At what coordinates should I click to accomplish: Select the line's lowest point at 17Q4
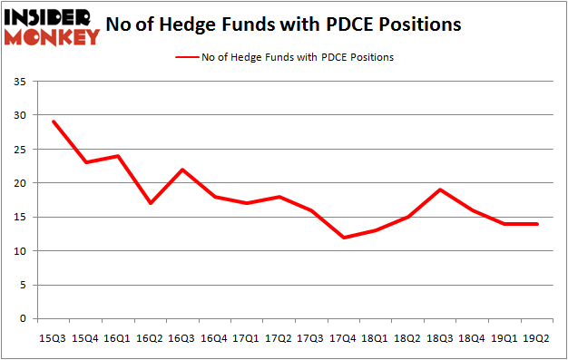(x=344, y=238)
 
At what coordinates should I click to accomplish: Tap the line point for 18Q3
(x=441, y=190)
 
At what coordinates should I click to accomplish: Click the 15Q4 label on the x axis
(x=84, y=339)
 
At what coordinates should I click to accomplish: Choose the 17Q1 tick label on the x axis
(x=247, y=339)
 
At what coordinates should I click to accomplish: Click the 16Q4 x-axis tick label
(x=214, y=339)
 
